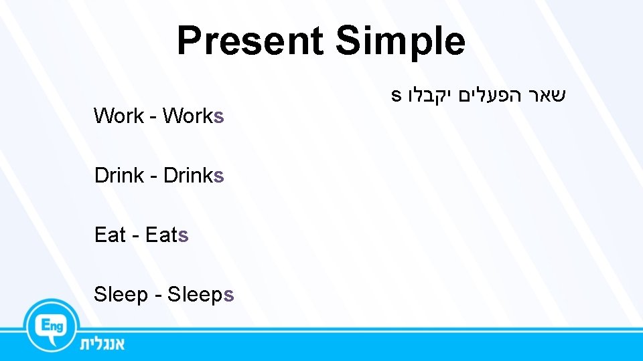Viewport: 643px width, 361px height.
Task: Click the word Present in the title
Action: pos(249,41)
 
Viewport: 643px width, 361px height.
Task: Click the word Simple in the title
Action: pos(400,41)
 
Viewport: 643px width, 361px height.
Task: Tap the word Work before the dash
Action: pos(119,116)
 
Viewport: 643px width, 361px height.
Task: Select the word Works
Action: pos(193,116)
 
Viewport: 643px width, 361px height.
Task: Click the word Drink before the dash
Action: pos(119,175)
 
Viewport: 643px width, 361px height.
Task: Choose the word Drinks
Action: pos(193,175)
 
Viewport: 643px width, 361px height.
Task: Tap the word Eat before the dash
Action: pos(110,235)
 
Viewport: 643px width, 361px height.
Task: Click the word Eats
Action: pos(167,235)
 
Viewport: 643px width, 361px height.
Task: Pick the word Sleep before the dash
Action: pos(121,294)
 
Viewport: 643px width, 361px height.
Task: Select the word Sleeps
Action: pos(200,294)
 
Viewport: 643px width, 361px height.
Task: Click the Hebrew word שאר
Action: pos(547,95)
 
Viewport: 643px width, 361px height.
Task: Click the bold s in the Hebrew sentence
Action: pos(396,96)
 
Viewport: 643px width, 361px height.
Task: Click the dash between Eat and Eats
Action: pos(135,236)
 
